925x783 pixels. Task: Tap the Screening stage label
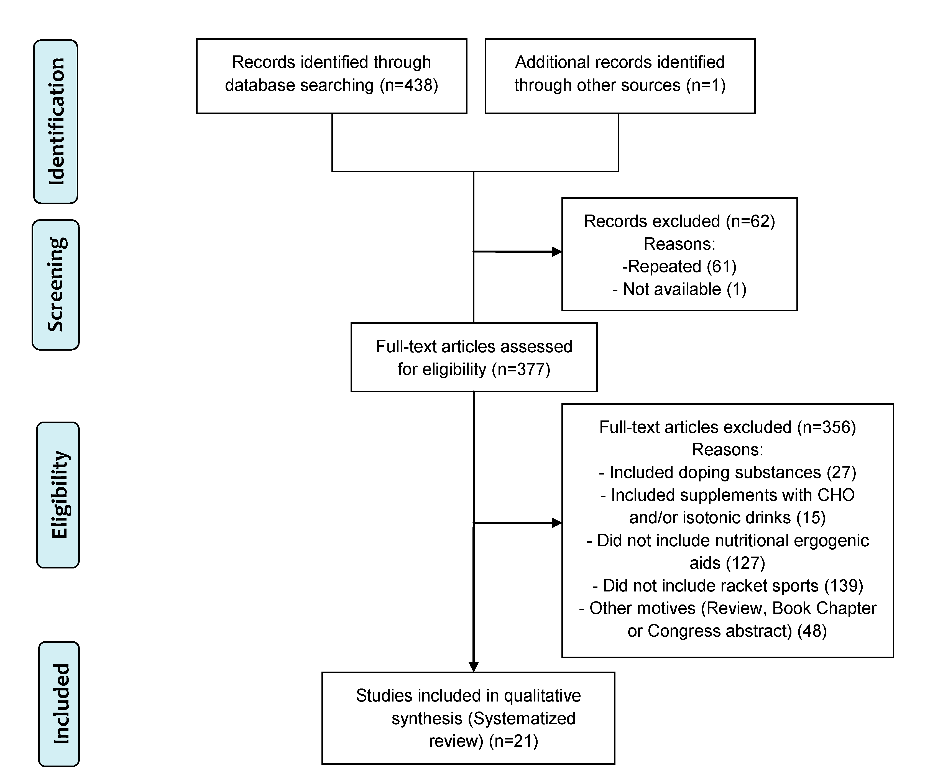coord(56,285)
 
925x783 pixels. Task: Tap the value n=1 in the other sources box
coord(706,85)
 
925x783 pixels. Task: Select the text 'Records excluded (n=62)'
coord(679,221)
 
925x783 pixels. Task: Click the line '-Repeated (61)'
coord(679,266)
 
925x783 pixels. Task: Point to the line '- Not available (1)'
coord(679,289)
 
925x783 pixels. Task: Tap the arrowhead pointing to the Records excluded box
coord(557,252)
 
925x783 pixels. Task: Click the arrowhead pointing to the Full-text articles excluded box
coord(557,523)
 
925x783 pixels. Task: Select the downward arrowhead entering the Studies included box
coord(474,667)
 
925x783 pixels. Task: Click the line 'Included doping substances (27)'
coord(728,472)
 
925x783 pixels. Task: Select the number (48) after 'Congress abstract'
coord(812,631)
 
